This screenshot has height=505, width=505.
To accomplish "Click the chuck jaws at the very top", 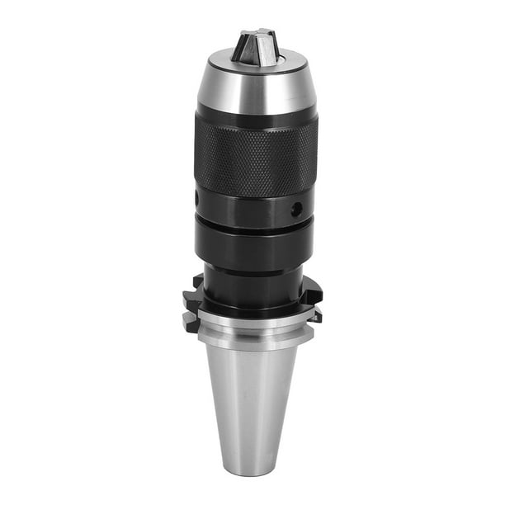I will [254, 46].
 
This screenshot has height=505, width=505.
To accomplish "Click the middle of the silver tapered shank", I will [252, 388].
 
